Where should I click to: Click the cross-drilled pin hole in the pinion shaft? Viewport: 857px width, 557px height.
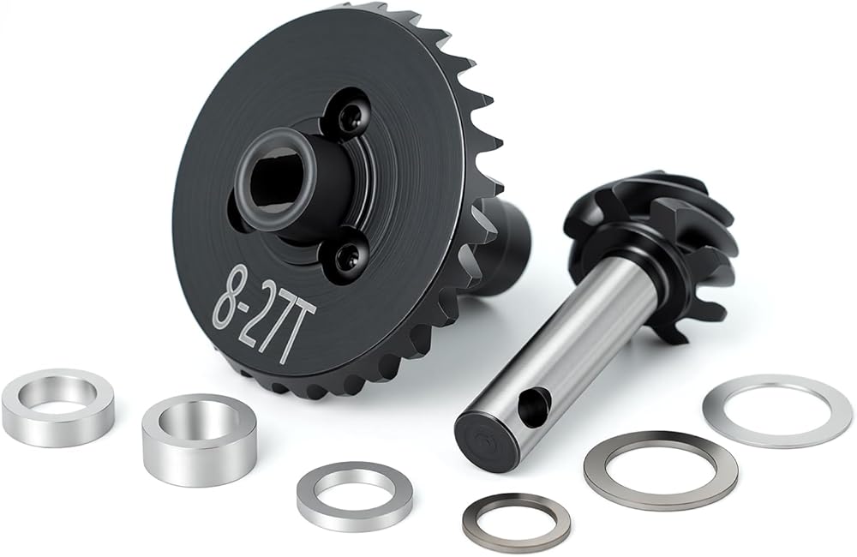(x=532, y=404)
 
